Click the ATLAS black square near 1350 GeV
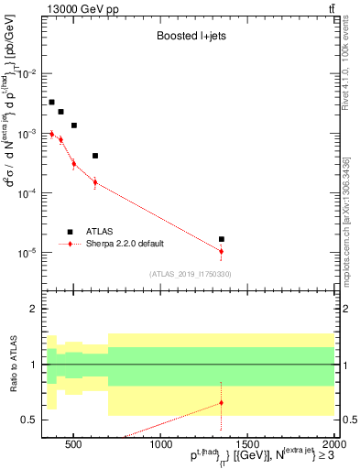[x=222, y=239]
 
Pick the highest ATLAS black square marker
[x=51, y=103]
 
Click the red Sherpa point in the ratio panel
[x=222, y=402]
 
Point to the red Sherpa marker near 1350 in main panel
[x=222, y=251]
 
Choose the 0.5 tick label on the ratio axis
[x=29, y=420]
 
